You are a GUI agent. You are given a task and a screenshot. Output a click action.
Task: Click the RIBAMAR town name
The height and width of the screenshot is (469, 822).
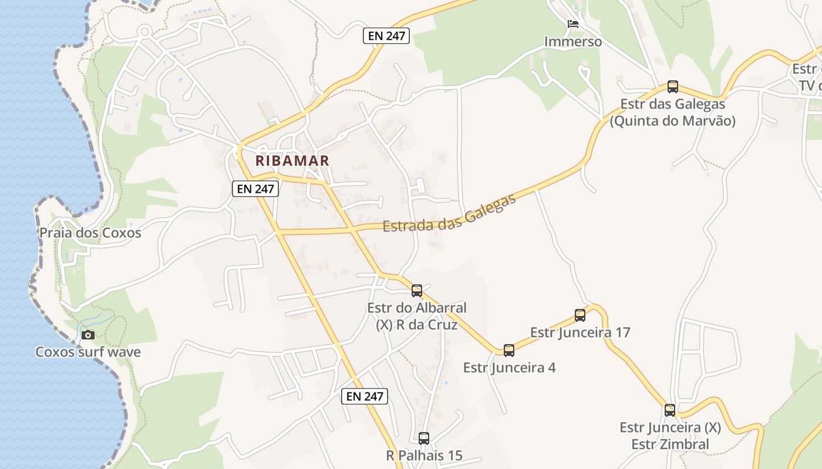[x=292, y=160]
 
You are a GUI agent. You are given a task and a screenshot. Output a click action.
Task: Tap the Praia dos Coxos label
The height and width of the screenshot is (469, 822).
[x=90, y=233]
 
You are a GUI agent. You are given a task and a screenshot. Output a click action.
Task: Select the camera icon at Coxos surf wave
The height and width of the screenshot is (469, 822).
[x=88, y=335]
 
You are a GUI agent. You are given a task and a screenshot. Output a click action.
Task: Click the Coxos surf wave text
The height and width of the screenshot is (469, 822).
[x=88, y=352]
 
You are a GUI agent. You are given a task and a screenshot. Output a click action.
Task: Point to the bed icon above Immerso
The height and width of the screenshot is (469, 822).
[x=573, y=24]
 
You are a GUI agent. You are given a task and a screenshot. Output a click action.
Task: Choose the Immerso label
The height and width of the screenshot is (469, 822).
[x=573, y=42]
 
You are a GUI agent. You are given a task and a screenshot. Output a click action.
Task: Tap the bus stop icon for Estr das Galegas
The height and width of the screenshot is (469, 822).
[x=673, y=87]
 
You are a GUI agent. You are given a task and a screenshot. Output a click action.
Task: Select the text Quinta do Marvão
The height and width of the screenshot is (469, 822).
[x=673, y=121]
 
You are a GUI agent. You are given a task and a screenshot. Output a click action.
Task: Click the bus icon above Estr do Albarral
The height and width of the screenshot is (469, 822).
[x=417, y=290]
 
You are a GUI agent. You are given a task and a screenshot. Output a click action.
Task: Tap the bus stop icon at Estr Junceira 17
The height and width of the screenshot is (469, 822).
[x=580, y=315]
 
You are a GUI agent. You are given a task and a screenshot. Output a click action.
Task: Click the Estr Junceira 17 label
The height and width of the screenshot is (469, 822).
[x=580, y=332]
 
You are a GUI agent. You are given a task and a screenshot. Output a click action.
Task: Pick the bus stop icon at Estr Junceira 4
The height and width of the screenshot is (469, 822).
[x=509, y=351]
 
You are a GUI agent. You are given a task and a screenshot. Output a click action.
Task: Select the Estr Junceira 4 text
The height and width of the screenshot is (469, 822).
[x=509, y=368]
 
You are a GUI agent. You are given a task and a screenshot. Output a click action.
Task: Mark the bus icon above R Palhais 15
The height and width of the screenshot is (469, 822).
[x=424, y=438]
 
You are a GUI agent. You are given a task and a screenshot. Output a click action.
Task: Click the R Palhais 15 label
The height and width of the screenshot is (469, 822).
[x=424, y=455]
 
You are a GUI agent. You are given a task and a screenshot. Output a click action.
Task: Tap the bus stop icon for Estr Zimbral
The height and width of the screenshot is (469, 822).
[x=670, y=410]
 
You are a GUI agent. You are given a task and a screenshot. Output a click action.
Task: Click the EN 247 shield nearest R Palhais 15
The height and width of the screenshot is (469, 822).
[x=365, y=396]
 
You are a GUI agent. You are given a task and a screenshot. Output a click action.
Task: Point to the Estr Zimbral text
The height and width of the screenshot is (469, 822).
[x=670, y=444]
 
